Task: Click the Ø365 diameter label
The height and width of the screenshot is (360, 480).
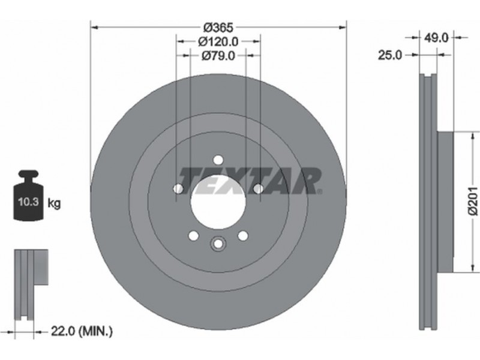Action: tap(218, 28)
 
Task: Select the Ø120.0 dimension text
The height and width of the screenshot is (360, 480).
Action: tap(218, 41)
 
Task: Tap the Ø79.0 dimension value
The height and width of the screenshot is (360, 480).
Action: tap(218, 55)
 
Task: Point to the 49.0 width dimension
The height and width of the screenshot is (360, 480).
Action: tap(436, 38)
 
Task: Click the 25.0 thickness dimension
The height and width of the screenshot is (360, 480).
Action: tap(389, 55)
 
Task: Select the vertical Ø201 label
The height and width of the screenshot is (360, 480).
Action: tap(473, 202)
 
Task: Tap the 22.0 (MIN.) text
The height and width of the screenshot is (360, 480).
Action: tap(82, 331)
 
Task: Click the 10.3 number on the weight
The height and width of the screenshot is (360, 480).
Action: tap(28, 202)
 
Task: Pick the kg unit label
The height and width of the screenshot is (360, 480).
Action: tap(54, 203)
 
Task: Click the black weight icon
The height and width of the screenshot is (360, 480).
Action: tap(28, 196)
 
